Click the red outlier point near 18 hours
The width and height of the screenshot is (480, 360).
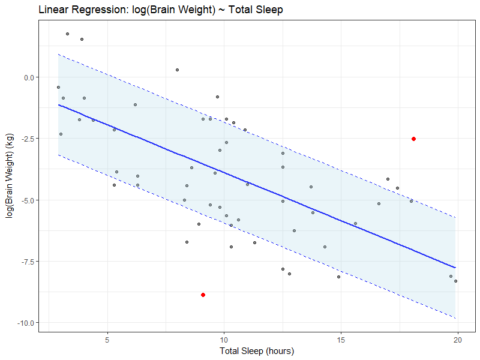414,139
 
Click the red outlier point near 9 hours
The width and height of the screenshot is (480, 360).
203,295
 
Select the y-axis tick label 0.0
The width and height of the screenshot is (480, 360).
27,77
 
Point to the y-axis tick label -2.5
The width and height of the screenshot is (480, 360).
26,139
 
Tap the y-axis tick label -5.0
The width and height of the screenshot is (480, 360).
26,200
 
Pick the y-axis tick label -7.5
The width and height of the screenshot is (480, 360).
26,262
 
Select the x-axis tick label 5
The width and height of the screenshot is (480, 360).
107,339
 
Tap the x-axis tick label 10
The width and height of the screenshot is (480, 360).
224,339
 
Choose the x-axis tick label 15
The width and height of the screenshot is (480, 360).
341,339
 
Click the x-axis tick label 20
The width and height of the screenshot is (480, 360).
458,339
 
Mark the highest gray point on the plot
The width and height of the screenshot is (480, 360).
67,34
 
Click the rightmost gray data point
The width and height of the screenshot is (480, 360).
456,281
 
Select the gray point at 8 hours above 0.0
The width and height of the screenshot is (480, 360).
178,70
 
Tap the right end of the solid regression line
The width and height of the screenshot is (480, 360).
456,268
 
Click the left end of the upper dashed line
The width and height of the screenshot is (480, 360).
58,54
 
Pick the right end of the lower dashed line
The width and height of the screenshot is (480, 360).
456,318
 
